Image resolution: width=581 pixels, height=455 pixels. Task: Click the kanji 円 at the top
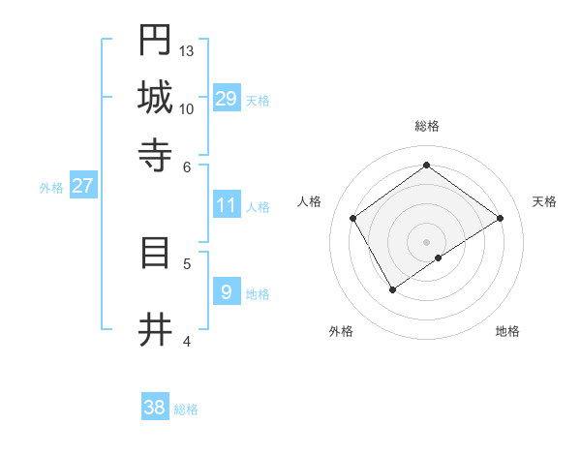pyautogui.click(x=155, y=41)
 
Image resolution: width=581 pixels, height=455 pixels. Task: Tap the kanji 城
pyautogui.click(x=155, y=97)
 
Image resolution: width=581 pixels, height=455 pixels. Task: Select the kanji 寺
pyautogui.click(x=155, y=154)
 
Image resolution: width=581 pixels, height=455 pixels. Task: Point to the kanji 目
pyautogui.click(x=155, y=253)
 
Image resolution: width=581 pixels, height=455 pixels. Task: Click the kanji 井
pyautogui.click(x=155, y=330)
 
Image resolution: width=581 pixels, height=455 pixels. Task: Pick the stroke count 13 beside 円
pyautogui.click(x=187, y=50)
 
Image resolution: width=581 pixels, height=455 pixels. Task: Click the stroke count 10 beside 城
pyautogui.click(x=187, y=108)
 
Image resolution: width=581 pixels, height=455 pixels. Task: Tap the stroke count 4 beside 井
pyautogui.click(x=187, y=341)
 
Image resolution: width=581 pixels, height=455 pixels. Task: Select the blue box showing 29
pyautogui.click(x=227, y=98)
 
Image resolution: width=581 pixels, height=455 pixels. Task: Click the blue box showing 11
pyautogui.click(x=227, y=205)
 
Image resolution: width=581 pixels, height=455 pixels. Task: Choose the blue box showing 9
pyautogui.click(x=227, y=291)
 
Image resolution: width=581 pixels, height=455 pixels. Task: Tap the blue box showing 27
pyautogui.click(x=82, y=186)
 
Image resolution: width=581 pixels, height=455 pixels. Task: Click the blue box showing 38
pyautogui.click(x=155, y=408)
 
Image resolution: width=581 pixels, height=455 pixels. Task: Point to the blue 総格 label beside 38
pyautogui.click(x=186, y=409)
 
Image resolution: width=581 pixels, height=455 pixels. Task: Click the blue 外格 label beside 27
pyautogui.click(x=51, y=188)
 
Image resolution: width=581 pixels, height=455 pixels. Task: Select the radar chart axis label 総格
pyautogui.click(x=426, y=126)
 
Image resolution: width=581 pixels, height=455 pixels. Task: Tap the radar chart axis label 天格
pyautogui.click(x=544, y=201)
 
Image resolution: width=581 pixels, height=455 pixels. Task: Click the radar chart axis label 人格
pyautogui.click(x=309, y=201)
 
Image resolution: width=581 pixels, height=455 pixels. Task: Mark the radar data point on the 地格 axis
pyautogui.click(x=439, y=258)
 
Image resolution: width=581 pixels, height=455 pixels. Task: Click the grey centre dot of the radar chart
pyautogui.click(x=426, y=241)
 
